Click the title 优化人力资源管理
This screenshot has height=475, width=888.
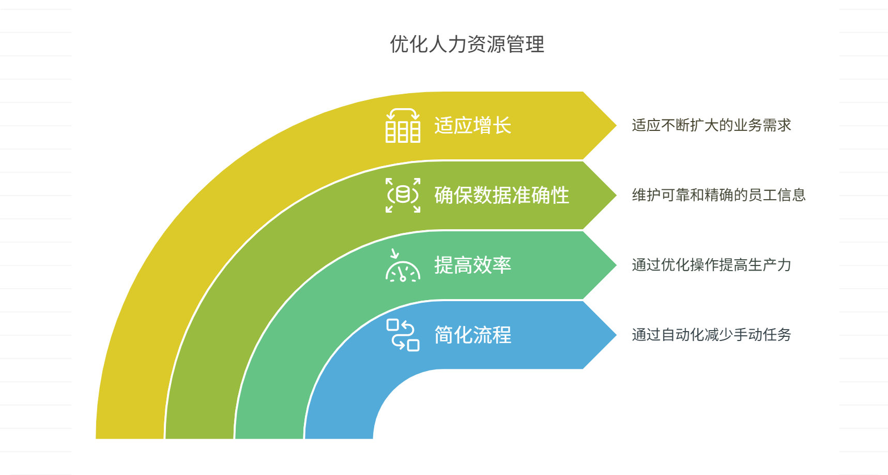[467, 44]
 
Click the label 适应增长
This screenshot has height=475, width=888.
[472, 126]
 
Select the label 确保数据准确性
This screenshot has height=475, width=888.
[501, 196]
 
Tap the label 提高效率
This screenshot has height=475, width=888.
[472, 265]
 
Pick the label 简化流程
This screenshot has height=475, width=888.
[472, 335]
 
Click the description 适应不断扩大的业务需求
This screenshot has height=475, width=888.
[711, 125]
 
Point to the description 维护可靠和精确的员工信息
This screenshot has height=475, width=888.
[718, 195]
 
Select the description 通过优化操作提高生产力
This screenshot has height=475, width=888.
[711, 265]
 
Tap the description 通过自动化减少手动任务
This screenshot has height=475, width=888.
[711, 335]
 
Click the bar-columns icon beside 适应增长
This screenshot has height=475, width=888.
[403, 126]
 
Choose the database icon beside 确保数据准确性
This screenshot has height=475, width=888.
[403, 195]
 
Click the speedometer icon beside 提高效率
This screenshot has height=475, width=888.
[403, 265]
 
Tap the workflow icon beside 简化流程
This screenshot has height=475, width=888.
[403, 335]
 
